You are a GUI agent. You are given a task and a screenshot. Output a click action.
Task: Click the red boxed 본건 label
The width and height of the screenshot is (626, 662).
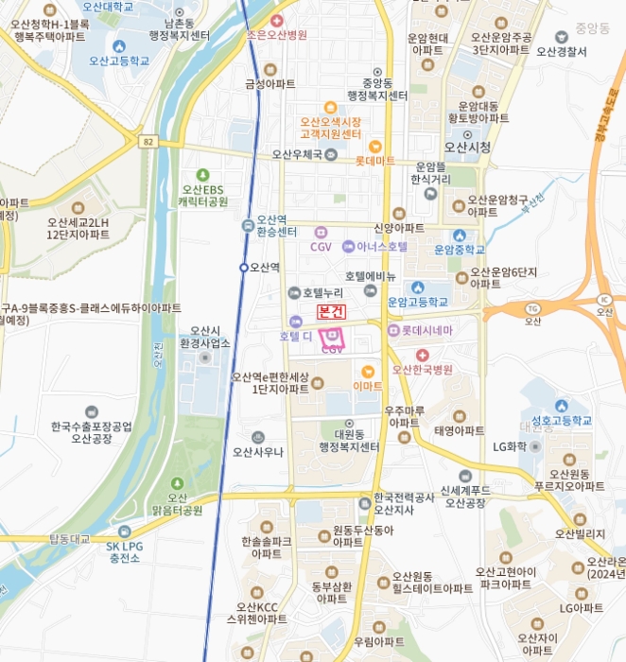331,311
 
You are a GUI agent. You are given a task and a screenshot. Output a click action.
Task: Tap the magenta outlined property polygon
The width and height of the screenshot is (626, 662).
332,336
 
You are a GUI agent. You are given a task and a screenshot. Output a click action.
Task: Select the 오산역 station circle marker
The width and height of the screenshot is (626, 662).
243,268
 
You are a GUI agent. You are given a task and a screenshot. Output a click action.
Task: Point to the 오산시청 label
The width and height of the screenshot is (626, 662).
467,147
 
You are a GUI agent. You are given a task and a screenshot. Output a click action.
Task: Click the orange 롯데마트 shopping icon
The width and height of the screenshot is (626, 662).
375,146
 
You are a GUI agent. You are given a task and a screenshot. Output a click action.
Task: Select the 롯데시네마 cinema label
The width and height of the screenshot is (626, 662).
427,330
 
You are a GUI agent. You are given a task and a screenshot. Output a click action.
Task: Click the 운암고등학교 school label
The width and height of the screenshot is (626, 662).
418,302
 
